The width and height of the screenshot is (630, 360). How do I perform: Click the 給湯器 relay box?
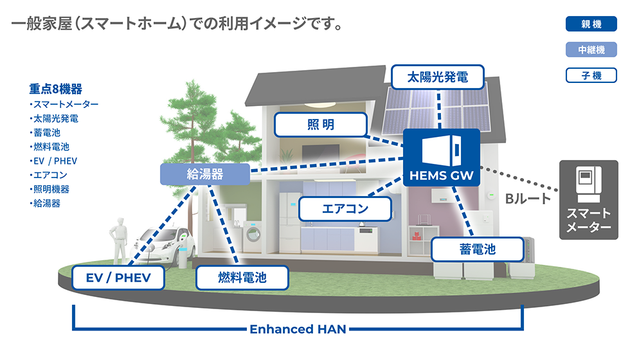(x=204, y=174)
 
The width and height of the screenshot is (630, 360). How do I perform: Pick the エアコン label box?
(x=345, y=209)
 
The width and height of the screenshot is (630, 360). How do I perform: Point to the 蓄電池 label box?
(x=477, y=249)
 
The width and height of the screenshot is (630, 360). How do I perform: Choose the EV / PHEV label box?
(x=118, y=278)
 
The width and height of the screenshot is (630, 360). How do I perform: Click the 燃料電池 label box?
(x=242, y=278)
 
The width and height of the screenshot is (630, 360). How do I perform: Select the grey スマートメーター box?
(x=588, y=201)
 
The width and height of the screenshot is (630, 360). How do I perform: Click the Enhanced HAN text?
(x=298, y=330)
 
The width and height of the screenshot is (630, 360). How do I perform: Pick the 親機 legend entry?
(x=591, y=24)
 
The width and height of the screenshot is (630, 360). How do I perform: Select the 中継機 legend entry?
(x=591, y=50)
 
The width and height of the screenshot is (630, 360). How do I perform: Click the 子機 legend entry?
(x=591, y=76)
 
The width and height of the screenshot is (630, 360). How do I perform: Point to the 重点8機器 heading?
(x=56, y=89)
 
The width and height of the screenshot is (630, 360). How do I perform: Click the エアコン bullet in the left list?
(x=50, y=175)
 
